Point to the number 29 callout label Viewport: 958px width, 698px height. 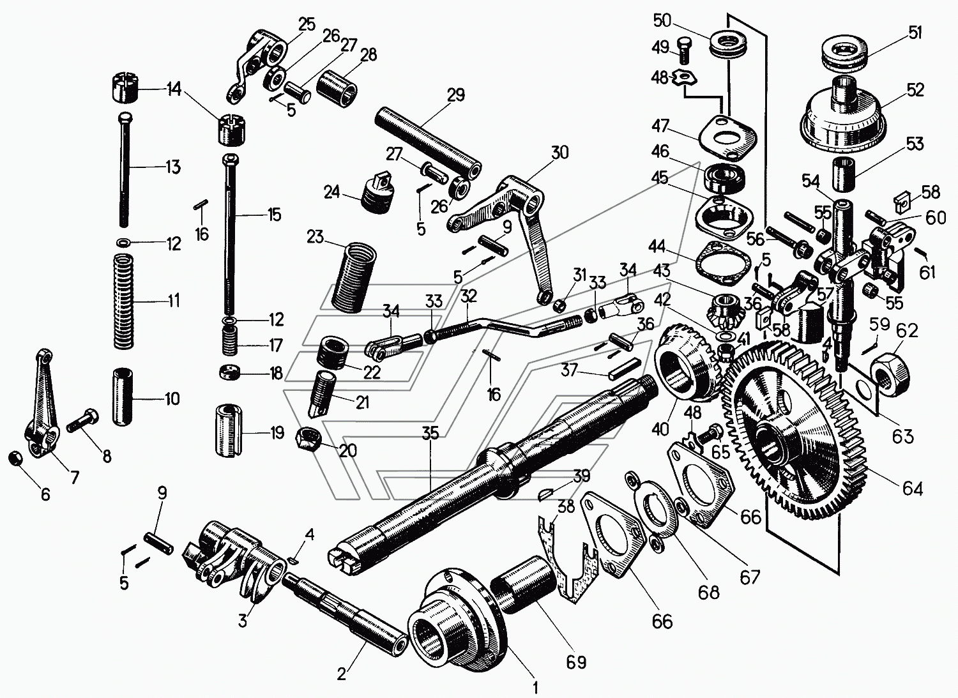(x=456, y=95)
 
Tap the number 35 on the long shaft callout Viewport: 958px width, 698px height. (x=430, y=434)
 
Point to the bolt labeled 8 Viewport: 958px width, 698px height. (x=82, y=420)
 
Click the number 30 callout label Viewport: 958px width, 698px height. (x=559, y=152)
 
